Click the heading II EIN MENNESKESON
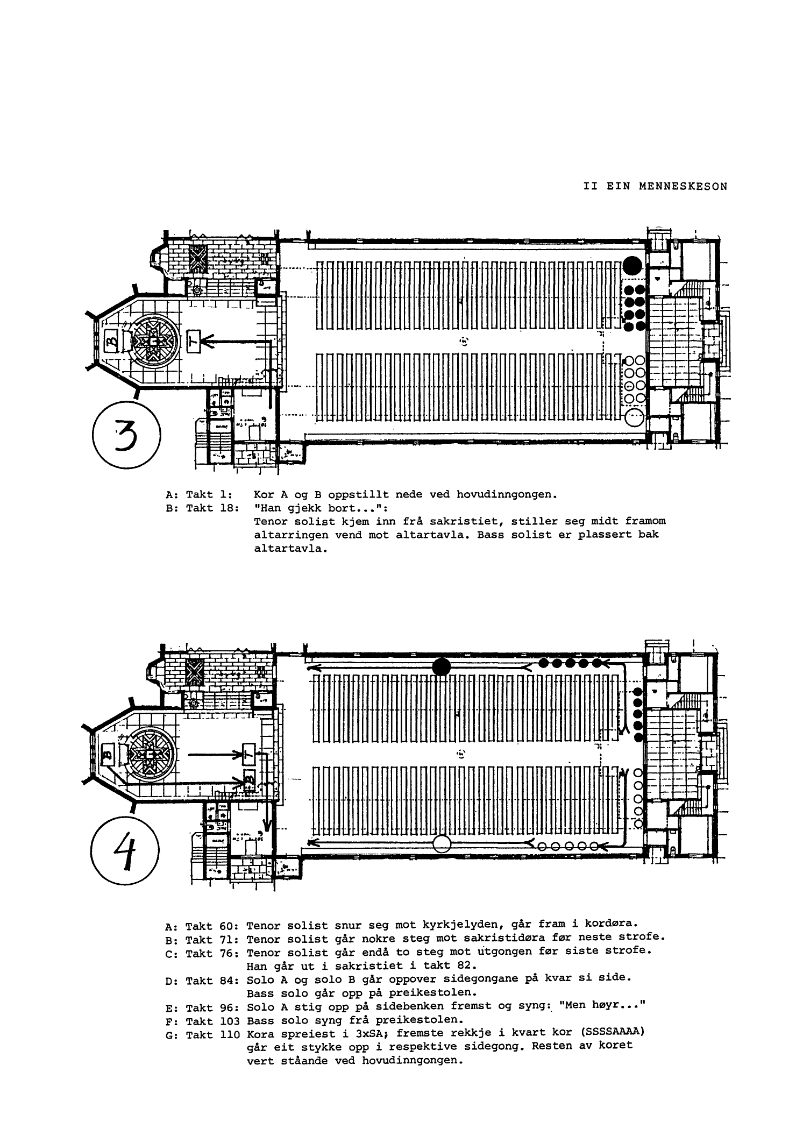click(655, 187)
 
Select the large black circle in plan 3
click(632, 265)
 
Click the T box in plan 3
click(194, 340)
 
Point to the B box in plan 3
click(110, 340)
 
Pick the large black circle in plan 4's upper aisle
click(442, 666)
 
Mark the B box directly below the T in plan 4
click(250, 779)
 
